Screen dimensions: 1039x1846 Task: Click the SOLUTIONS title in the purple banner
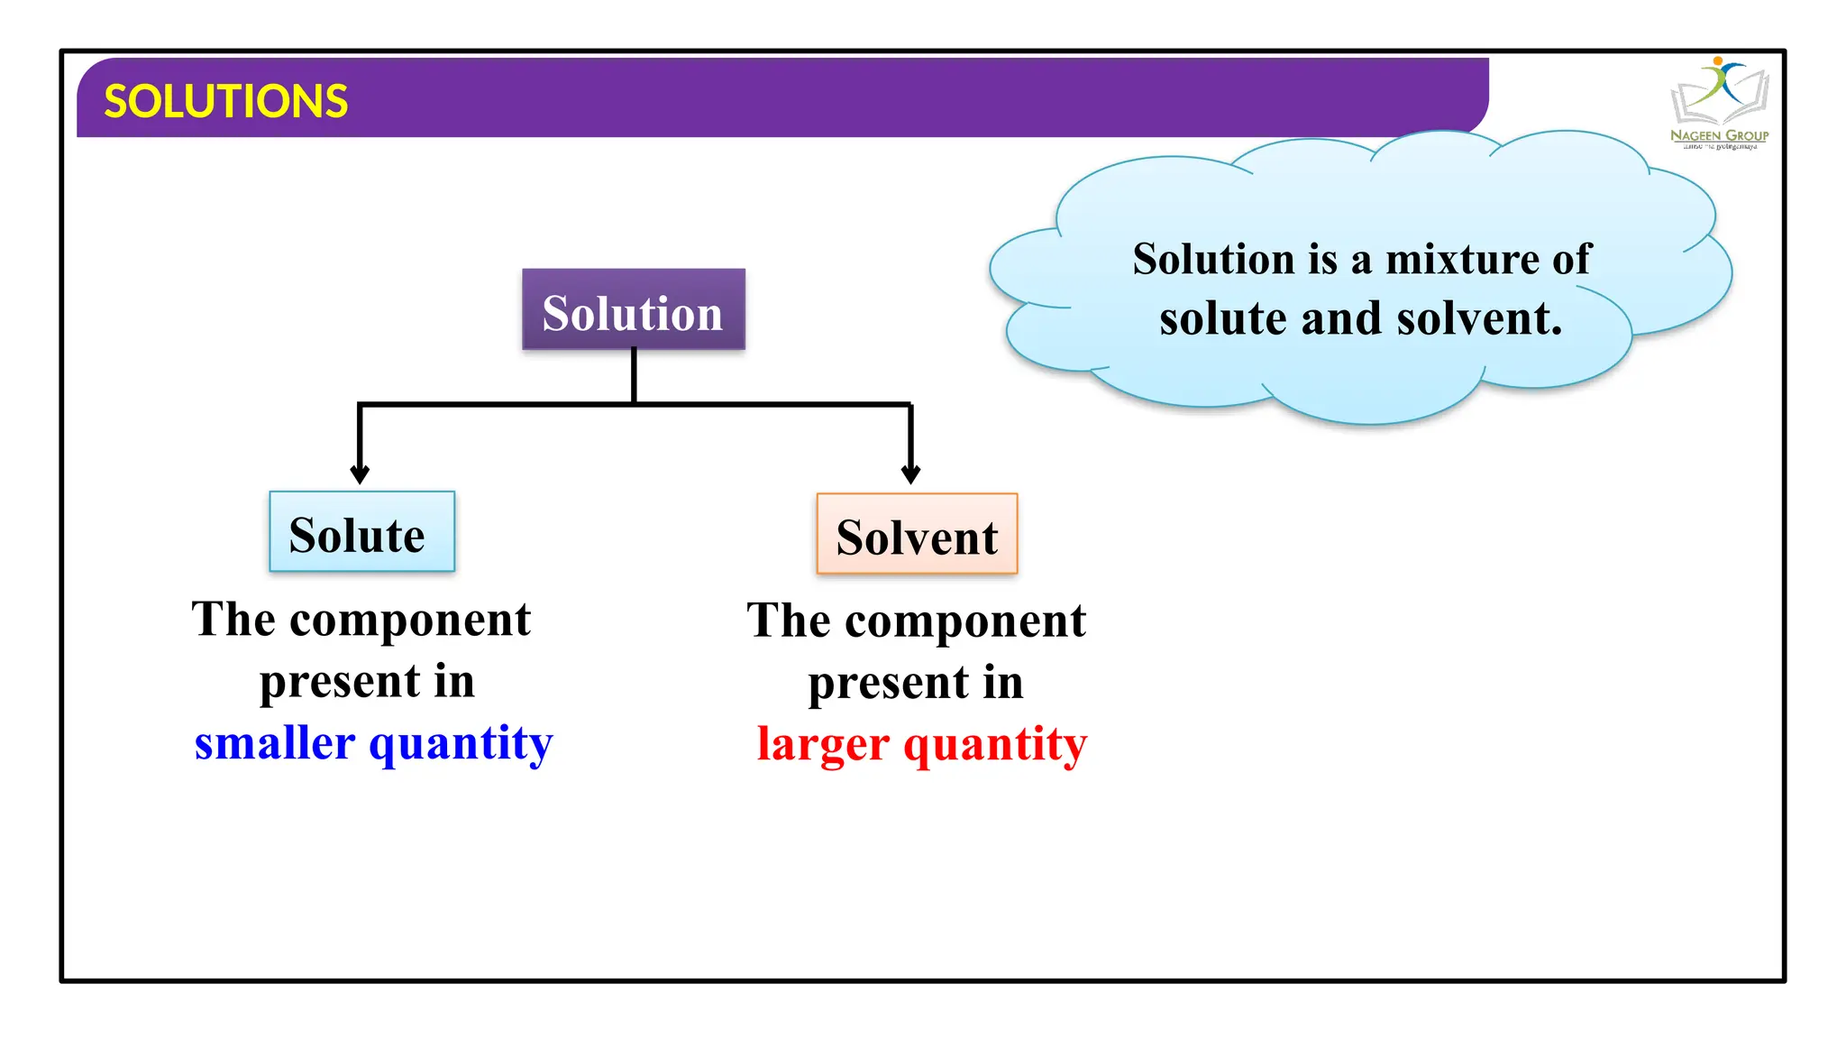[225, 101]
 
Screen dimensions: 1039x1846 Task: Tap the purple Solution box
[633, 310]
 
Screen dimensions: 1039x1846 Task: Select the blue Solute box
[361, 532]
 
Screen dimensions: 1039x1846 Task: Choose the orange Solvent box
[917, 534]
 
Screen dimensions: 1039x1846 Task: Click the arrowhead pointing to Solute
[360, 474]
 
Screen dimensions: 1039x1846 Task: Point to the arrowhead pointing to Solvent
[910, 474]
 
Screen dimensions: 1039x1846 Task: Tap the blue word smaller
[275, 743]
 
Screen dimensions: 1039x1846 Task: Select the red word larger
[823, 745]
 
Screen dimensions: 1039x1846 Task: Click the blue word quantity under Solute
[461, 745]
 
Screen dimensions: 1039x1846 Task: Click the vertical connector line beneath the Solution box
[634, 375]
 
